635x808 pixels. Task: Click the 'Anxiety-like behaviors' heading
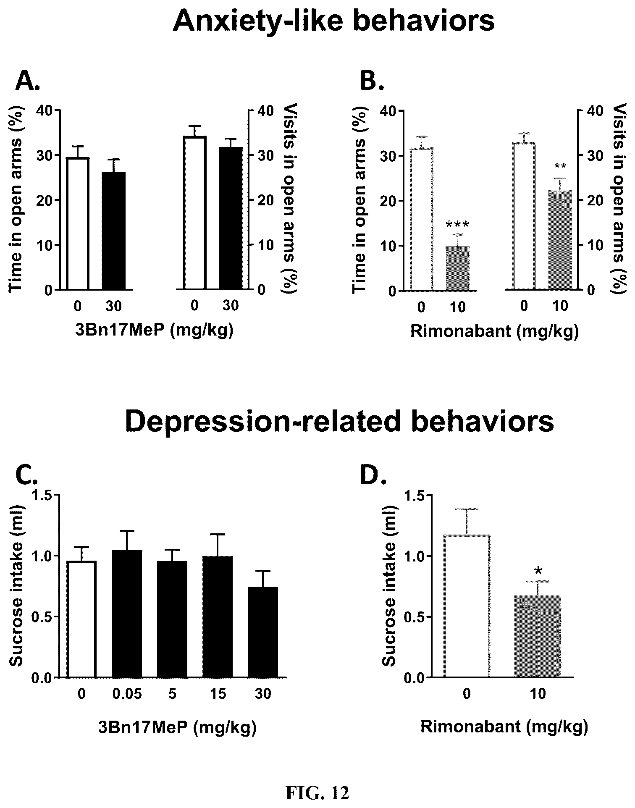click(334, 22)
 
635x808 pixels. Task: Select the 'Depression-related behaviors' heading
click(339, 422)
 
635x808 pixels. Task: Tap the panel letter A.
click(28, 81)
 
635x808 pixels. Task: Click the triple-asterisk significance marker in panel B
click(458, 225)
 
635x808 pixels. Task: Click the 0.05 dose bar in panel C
click(127, 614)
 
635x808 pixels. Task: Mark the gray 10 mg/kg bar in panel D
click(538, 636)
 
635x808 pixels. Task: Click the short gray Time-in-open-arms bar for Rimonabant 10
click(458, 268)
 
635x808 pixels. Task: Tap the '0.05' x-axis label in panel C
click(127, 694)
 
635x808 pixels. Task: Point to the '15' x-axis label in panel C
click(217, 694)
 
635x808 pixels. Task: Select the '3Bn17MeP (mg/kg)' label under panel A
click(154, 331)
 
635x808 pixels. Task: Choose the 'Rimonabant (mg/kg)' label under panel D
click(504, 726)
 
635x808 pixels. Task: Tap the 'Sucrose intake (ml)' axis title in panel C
click(16, 586)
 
